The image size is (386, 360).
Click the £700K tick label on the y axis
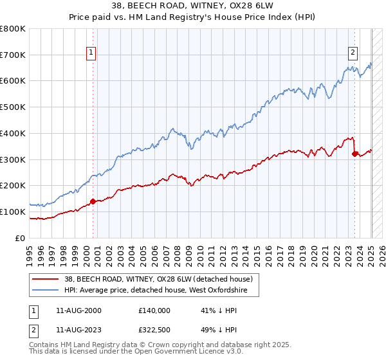tap(13, 55)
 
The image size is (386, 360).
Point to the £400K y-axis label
tap(13, 134)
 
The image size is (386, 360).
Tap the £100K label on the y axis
tap(13, 212)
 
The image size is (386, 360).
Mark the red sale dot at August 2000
tap(93, 201)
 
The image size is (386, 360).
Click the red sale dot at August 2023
tap(354, 154)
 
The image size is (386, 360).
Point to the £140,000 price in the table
tap(154, 310)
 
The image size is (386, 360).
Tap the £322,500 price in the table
tap(154, 329)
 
